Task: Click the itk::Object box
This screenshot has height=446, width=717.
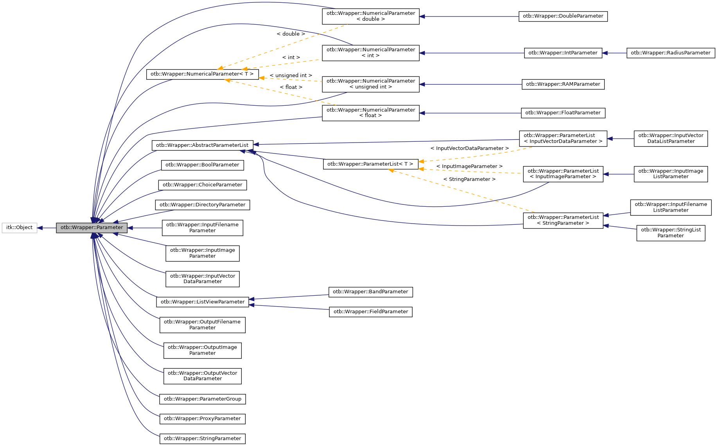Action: click(x=19, y=228)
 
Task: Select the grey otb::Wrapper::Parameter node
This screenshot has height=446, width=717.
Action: click(x=92, y=228)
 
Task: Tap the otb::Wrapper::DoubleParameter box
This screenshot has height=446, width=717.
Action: click(x=563, y=16)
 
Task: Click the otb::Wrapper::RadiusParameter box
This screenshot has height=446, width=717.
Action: click(x=670, y=53)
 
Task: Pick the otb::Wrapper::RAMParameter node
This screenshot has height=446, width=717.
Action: click(x=563, y=84)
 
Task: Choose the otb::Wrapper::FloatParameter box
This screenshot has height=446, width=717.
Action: click(x=563, y=113)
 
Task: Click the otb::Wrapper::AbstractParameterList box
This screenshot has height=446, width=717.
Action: click(x=202, y=145)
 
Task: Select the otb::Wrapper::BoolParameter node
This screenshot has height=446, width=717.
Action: click(x=202, y=165)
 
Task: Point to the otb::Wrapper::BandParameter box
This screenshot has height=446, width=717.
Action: click(x=370, y=292)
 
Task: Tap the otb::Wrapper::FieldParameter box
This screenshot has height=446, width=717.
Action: click(x=370, y=312)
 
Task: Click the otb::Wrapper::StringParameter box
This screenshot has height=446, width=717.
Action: click(x=202, y=439)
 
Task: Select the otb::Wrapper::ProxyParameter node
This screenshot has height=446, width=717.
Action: click(x=202, y=419)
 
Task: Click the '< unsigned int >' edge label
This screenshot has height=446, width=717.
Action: click(x=291, y=76)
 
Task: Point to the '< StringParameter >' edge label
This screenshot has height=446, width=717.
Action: click(x=469, y=179)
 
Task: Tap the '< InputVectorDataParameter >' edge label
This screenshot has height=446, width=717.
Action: click(x=469, y=148)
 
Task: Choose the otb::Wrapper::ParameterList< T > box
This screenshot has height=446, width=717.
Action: click(x=370, y=164)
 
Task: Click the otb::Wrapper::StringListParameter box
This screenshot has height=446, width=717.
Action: click(x=670, y=233)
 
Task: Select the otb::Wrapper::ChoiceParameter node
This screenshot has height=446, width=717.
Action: click(x=202, y=185)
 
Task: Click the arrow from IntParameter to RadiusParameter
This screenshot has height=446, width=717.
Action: click(x=615, y=53)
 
